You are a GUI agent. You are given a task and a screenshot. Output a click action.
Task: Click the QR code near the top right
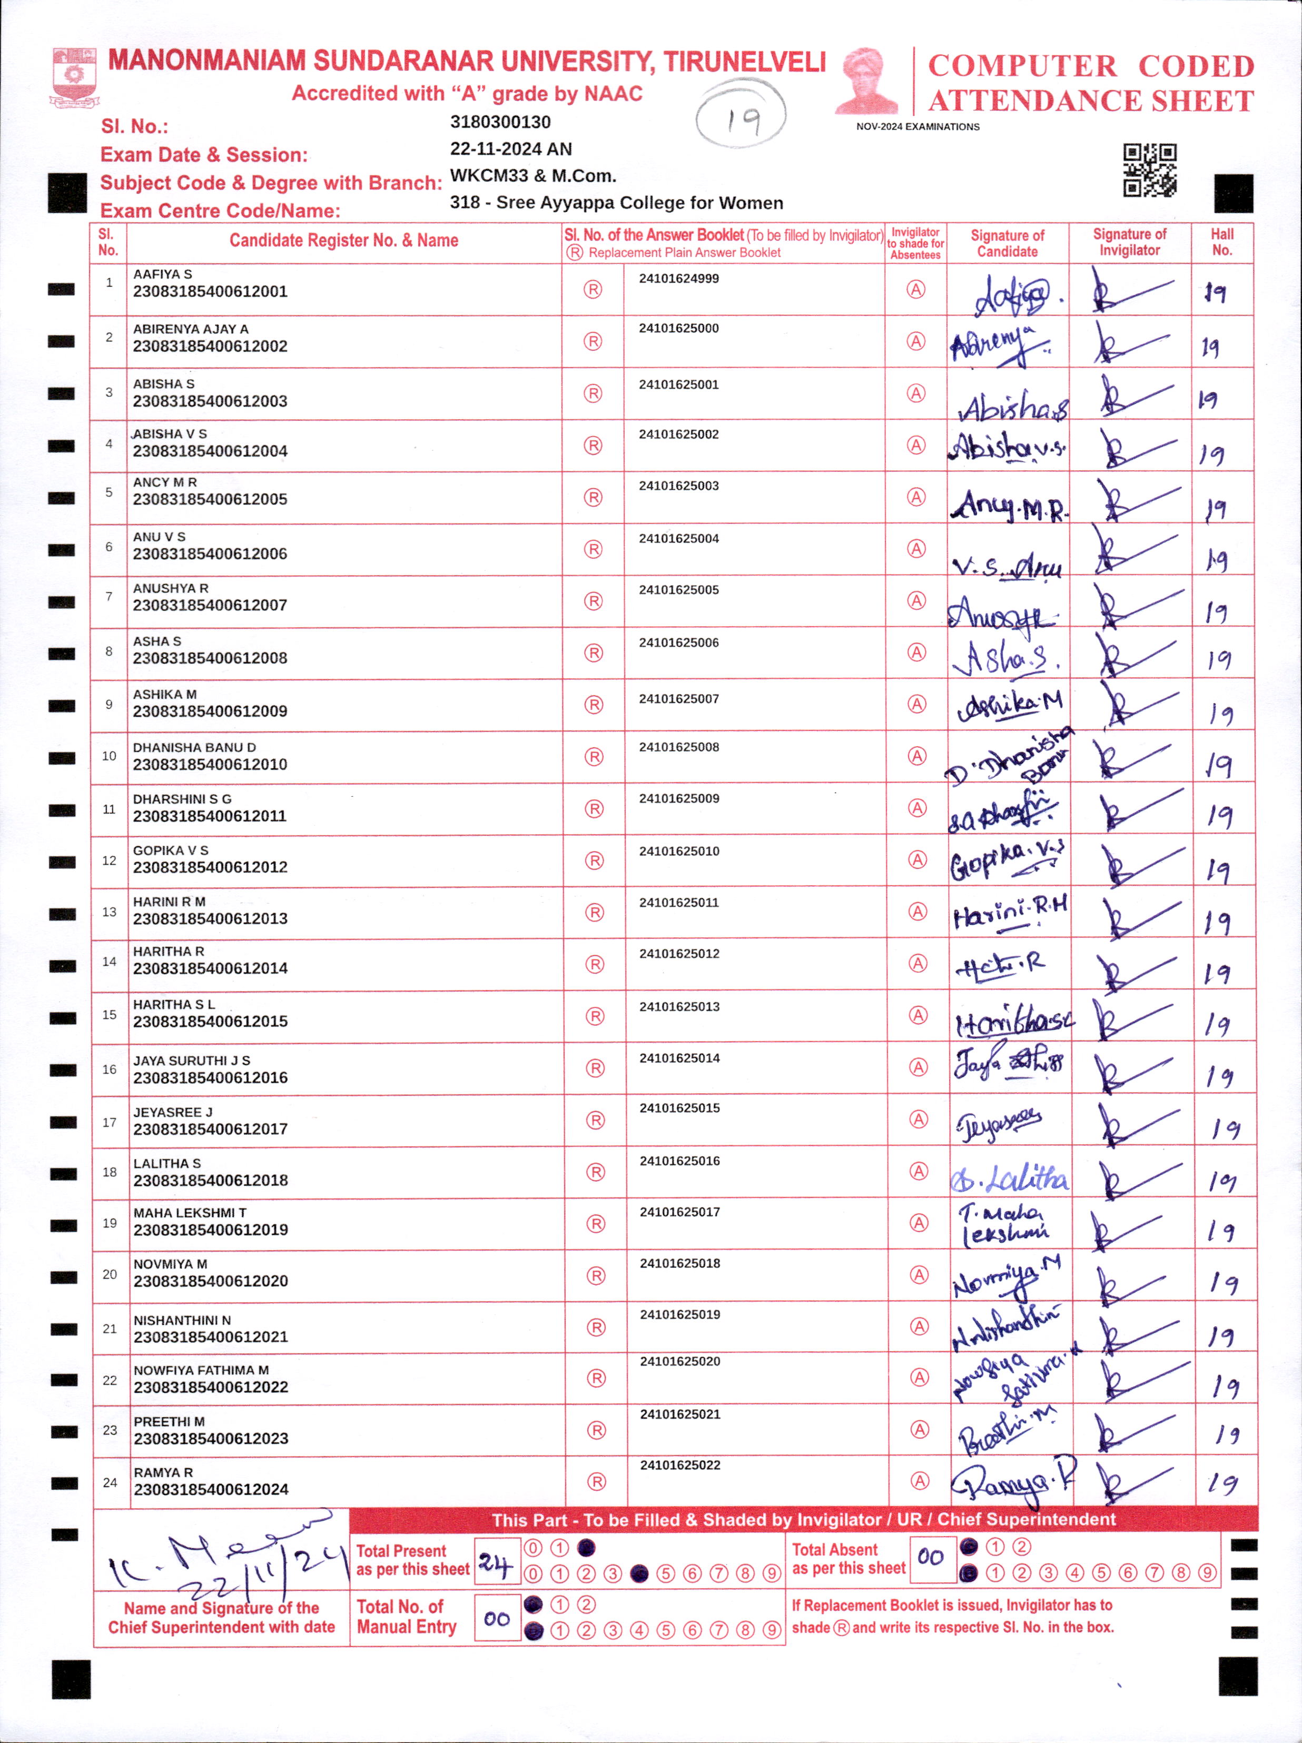1149,170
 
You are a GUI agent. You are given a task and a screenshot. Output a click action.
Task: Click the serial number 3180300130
500,122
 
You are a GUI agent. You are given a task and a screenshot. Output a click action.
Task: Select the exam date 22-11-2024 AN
511,149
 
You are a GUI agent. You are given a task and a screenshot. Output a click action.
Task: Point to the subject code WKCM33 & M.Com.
533,176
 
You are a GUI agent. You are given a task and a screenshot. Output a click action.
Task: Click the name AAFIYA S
162,274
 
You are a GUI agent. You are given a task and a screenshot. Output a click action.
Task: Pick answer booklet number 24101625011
678,902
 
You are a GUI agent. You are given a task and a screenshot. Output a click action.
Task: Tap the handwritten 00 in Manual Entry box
497,1619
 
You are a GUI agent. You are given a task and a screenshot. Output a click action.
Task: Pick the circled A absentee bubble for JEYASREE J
918,1119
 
